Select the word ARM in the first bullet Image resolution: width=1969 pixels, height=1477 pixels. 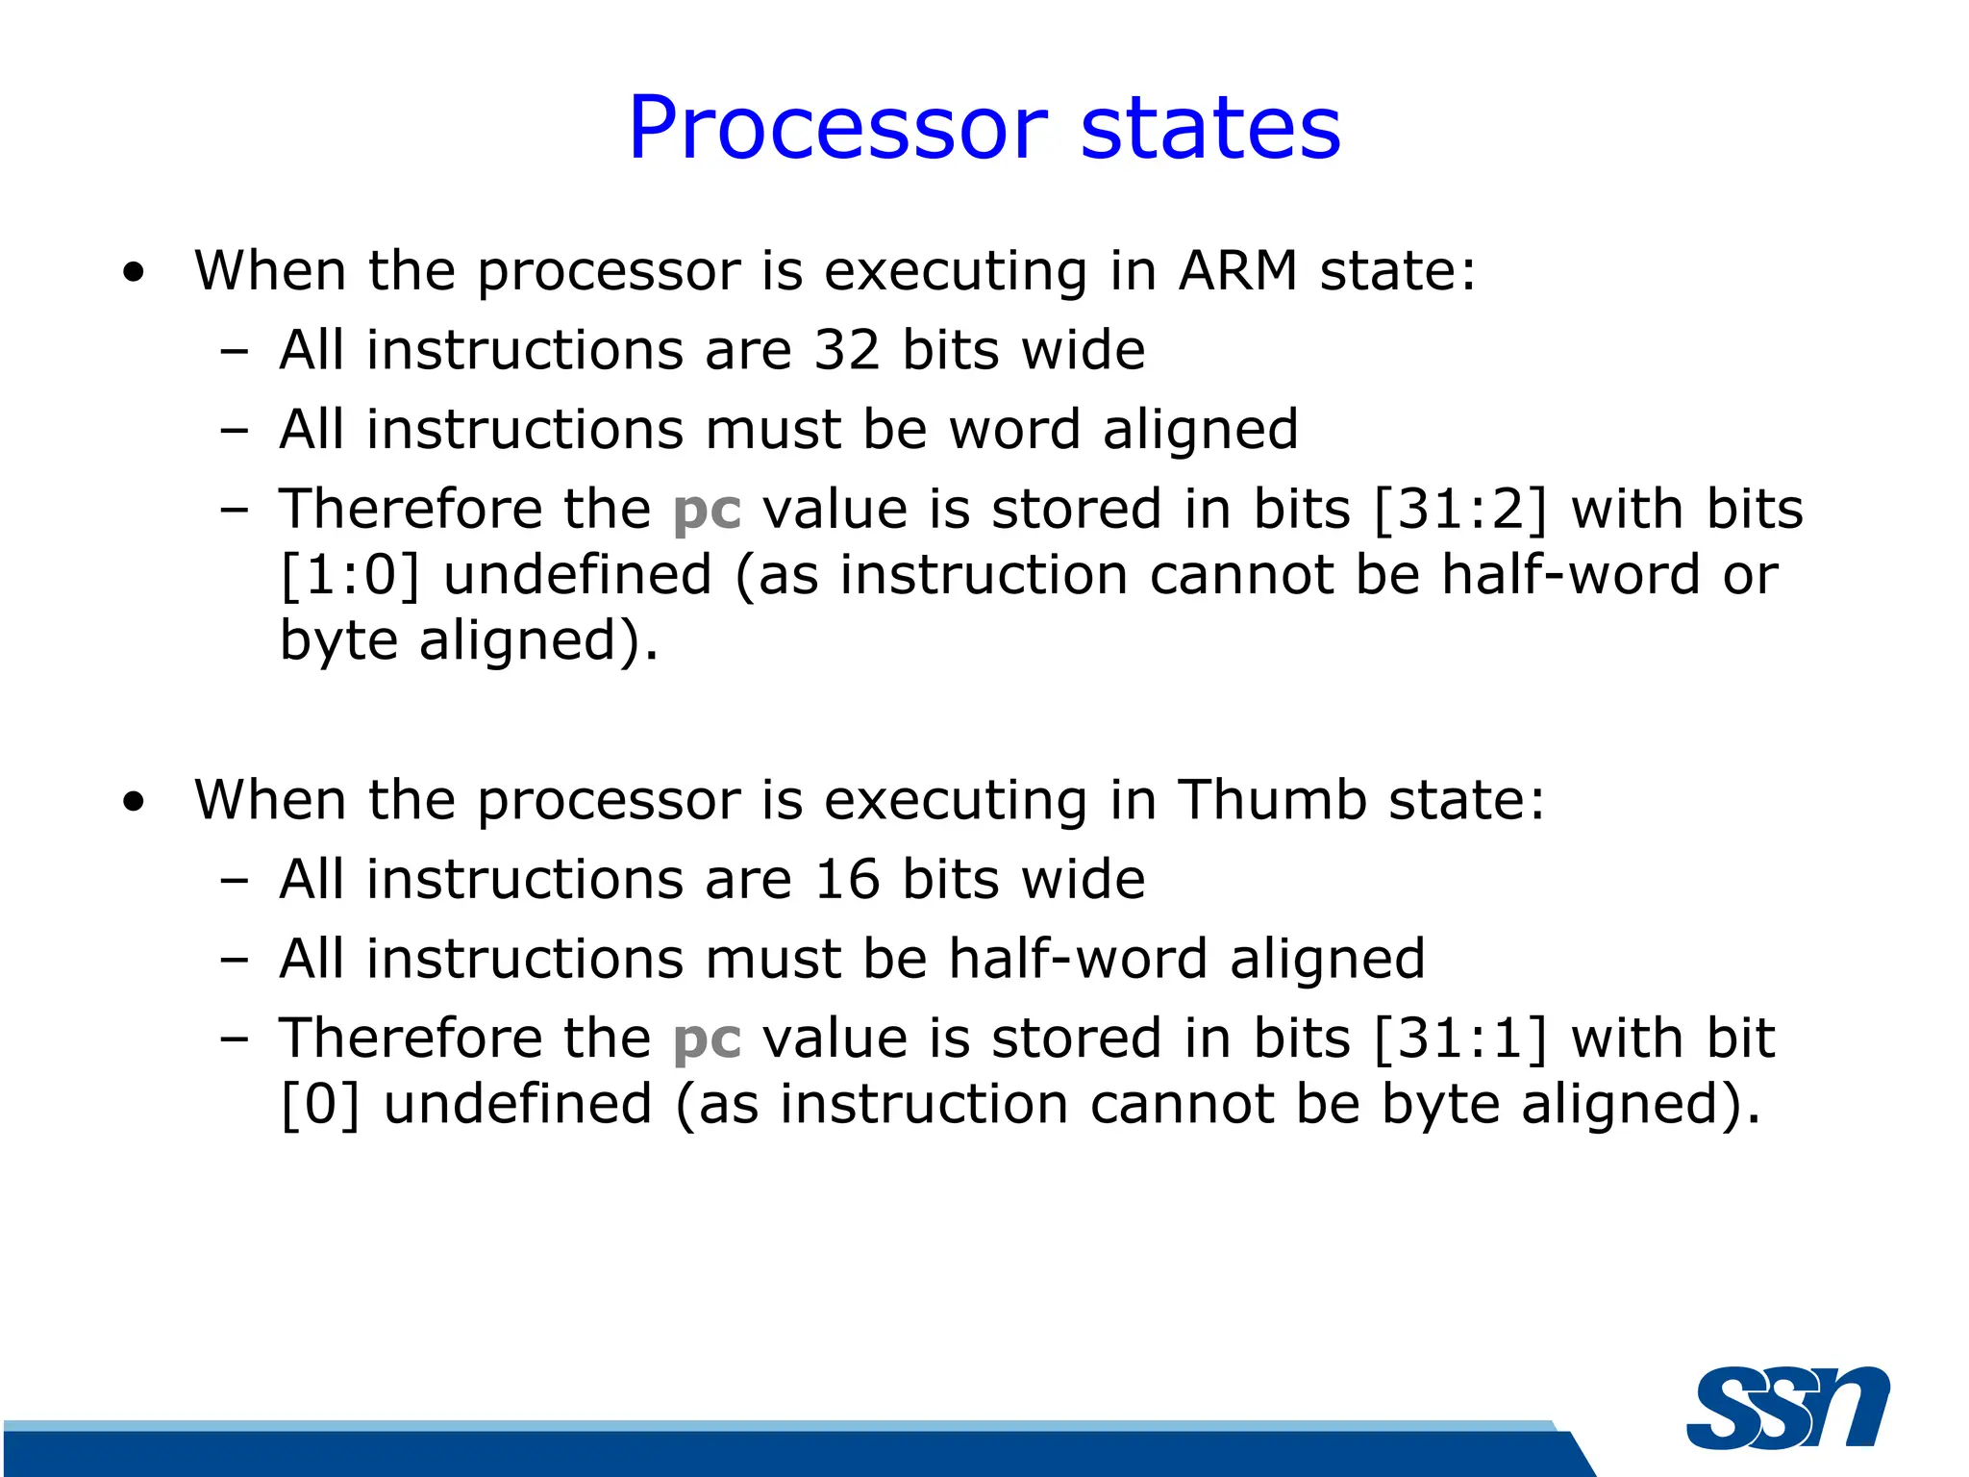[x=1238, y=270]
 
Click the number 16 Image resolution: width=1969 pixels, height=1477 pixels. [x=847, y=879]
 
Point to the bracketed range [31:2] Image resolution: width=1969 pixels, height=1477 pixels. [x=1460, y=509]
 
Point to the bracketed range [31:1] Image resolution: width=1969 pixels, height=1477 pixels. [x=1460, y=1039]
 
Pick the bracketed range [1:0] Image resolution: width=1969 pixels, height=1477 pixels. [x=350, y=575]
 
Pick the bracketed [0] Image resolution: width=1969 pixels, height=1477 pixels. [x=320, y=1104]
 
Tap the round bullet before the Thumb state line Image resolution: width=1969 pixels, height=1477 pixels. [x=134, y=802]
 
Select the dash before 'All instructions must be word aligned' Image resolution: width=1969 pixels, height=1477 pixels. [x=234, y=431]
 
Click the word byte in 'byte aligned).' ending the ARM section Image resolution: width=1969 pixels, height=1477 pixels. [x=337, y=641]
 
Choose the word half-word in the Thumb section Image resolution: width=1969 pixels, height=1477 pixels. [x=1078, y=959]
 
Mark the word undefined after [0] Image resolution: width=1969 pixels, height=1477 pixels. [x=518, y=1103]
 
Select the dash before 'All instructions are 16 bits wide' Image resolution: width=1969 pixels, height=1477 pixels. [x=234, y=881]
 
